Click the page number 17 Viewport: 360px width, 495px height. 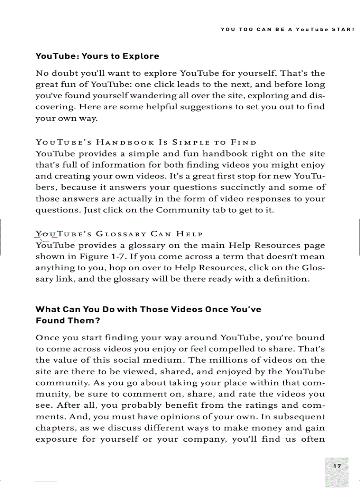point(337,466)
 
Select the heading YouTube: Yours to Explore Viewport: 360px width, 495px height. point(97,56)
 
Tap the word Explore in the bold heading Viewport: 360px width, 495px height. point(141,56)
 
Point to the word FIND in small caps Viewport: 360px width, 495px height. point(243,142)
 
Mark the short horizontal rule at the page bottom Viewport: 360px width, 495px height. point(46,480)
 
